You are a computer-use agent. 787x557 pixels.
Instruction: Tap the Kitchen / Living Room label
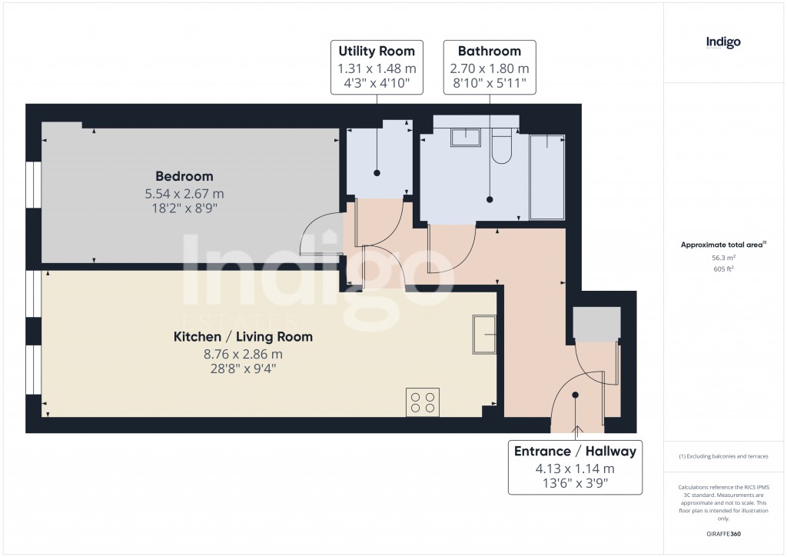243,336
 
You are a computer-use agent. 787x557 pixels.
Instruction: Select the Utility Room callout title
377,52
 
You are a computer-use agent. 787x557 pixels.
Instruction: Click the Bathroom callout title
489,52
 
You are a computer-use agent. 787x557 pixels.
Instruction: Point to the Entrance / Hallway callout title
575,451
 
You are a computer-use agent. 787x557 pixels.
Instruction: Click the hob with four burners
422,402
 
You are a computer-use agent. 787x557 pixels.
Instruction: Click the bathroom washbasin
464,137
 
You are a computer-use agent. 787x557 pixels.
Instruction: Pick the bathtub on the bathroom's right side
547,176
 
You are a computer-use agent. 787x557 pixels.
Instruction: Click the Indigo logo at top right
723,42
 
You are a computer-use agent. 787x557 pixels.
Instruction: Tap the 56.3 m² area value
723,259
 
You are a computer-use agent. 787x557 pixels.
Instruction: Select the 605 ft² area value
723,269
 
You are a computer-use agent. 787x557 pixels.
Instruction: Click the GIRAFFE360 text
723,534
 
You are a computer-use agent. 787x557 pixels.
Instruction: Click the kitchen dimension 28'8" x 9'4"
243,369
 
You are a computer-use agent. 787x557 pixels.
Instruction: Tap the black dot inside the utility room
377,173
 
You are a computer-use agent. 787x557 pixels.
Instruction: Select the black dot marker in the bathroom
490,199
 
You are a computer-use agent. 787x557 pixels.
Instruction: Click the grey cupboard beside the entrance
597,324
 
